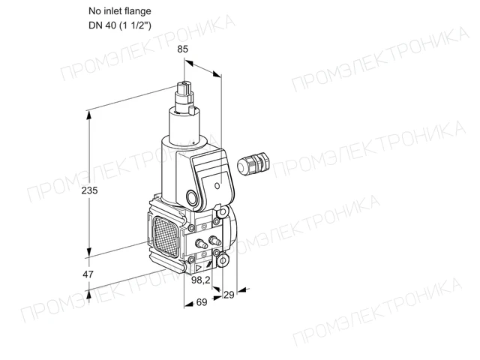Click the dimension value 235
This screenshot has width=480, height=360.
(89, 190)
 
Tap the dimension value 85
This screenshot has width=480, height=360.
(182, 49)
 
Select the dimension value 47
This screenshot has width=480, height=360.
(88, 274)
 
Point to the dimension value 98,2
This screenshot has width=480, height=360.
(201, 280)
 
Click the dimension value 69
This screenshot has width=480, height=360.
(202, 302)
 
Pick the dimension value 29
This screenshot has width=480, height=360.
(229, 295)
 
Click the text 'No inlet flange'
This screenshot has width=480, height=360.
(120, 11)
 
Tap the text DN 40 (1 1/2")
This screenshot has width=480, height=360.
(120, 25)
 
